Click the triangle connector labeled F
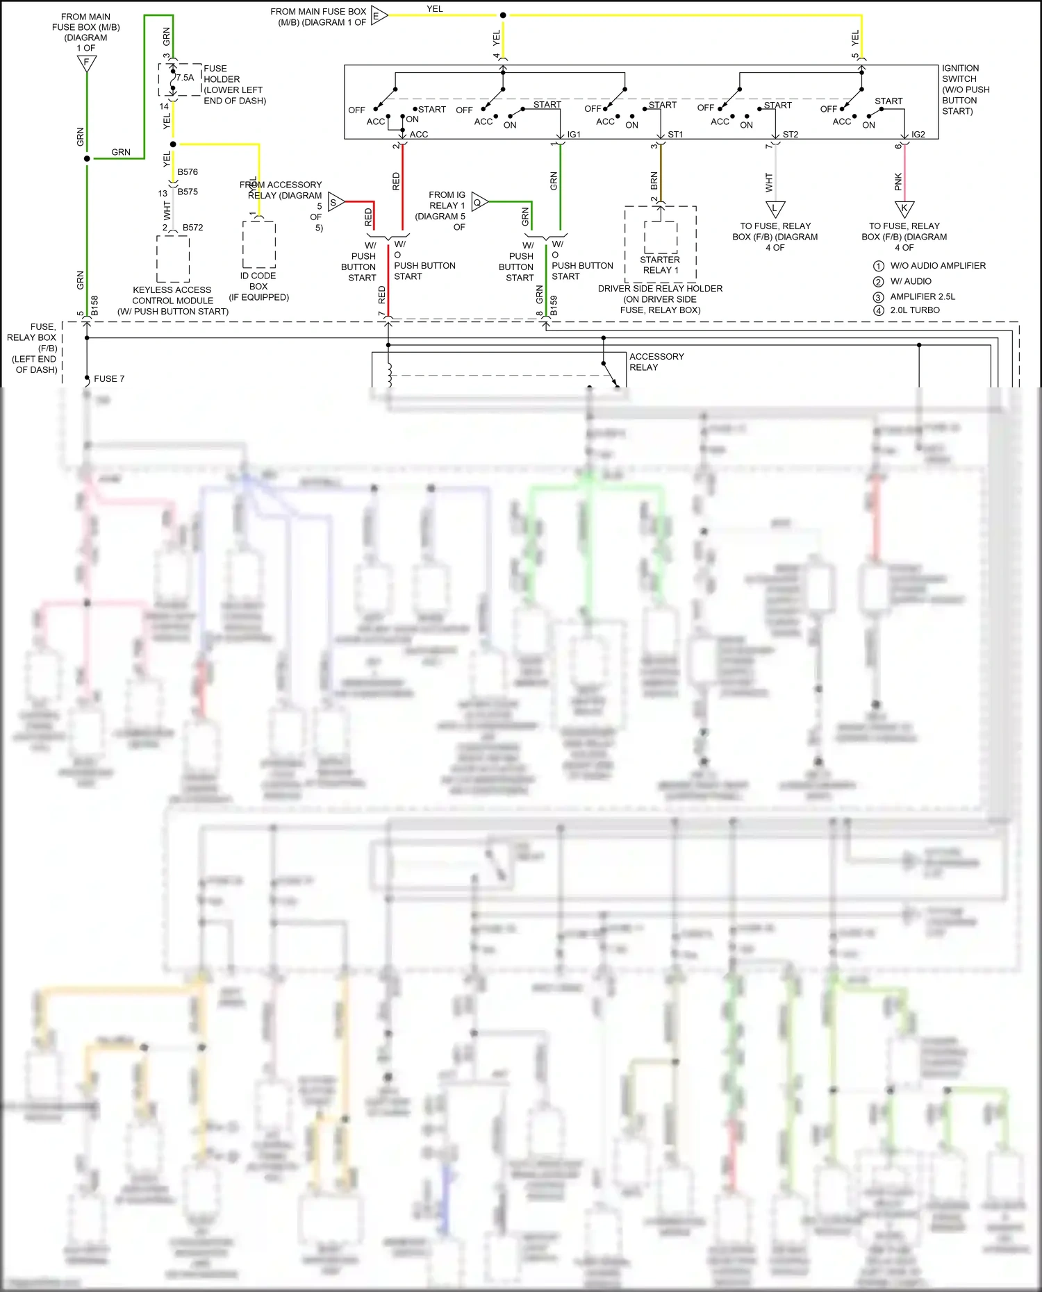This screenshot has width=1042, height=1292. [x=87, y=64]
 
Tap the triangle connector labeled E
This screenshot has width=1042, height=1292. [x=378, y=16]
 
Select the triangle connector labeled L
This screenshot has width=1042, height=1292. [x=775, y=208]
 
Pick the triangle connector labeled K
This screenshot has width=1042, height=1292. [x=904, y=208]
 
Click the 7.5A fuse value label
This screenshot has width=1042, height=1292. [x=185, y=78]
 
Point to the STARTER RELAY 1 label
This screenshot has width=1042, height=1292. [x=660, y=265]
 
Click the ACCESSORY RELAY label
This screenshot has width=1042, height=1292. [x=656, y=362]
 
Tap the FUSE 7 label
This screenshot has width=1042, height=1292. [x=109, y=379]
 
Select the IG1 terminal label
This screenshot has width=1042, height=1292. [x=574, y=135]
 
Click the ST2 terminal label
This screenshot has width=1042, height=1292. [x=791, y=135]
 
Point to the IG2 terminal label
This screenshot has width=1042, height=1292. [x=918, y=135]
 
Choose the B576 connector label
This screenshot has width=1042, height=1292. [x=188, y=172]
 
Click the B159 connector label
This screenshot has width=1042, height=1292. [x=554, y=305]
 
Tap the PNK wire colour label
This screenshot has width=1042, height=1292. [x=898, y=182]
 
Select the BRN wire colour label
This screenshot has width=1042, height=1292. [x=654, y=181]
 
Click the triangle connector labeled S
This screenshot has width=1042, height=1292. [x=335, y=203]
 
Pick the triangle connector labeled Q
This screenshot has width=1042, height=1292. [x=479, y=203]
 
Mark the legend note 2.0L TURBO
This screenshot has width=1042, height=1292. [x=915, y=310]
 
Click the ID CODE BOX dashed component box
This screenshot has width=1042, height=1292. [x=259, y=244]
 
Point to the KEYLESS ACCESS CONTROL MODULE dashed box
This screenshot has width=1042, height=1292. [x=173, y=258]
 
